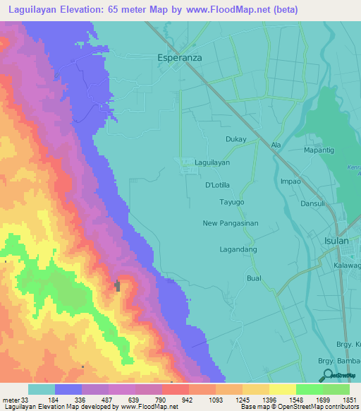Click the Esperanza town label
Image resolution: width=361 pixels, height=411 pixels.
point(178,59)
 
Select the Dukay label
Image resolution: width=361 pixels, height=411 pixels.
point(236,139)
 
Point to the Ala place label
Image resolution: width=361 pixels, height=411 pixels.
point(276,145)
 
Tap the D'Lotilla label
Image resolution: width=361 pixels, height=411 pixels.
point(218,185)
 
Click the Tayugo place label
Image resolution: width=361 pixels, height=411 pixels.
point(233,202)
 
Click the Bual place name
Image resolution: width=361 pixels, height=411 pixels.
point(254,278)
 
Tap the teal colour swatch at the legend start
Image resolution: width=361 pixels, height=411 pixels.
point(41,389)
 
